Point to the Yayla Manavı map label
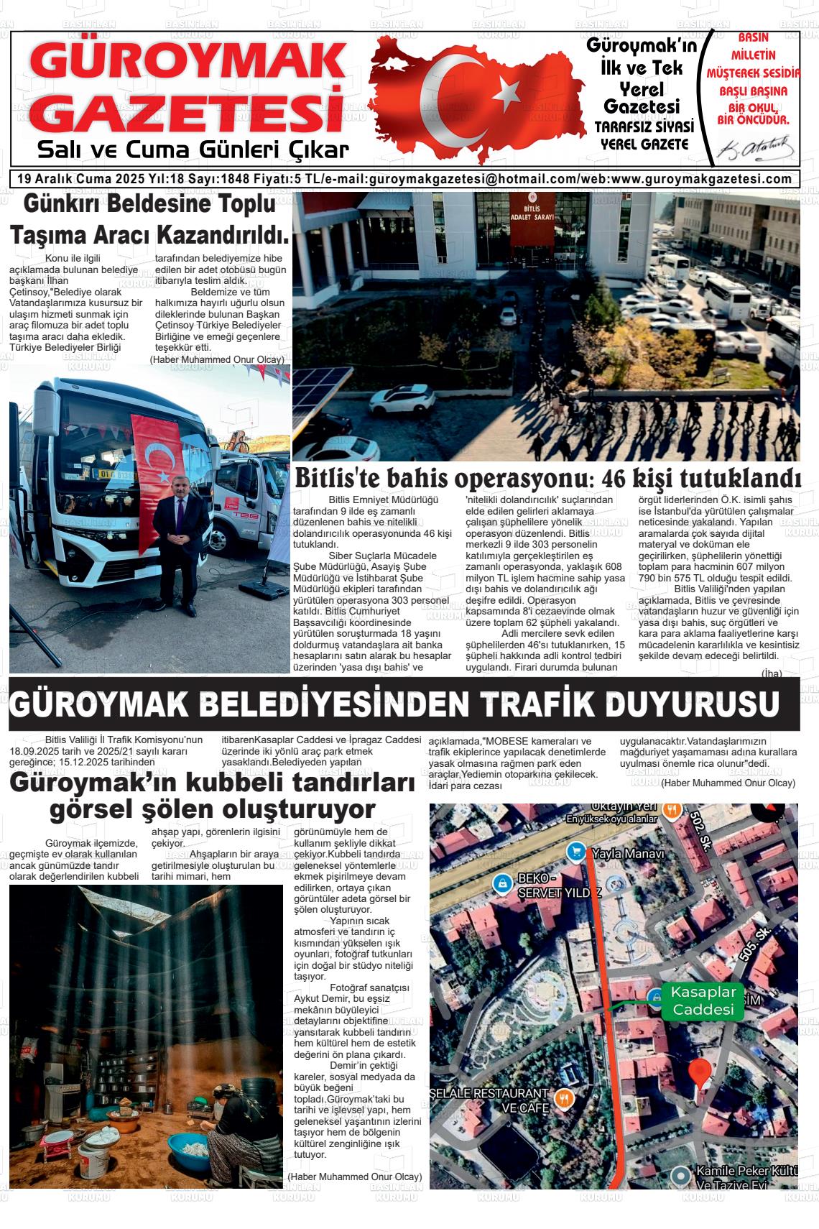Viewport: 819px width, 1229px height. [627, 854]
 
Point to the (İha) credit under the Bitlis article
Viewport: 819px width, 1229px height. [771, 673]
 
